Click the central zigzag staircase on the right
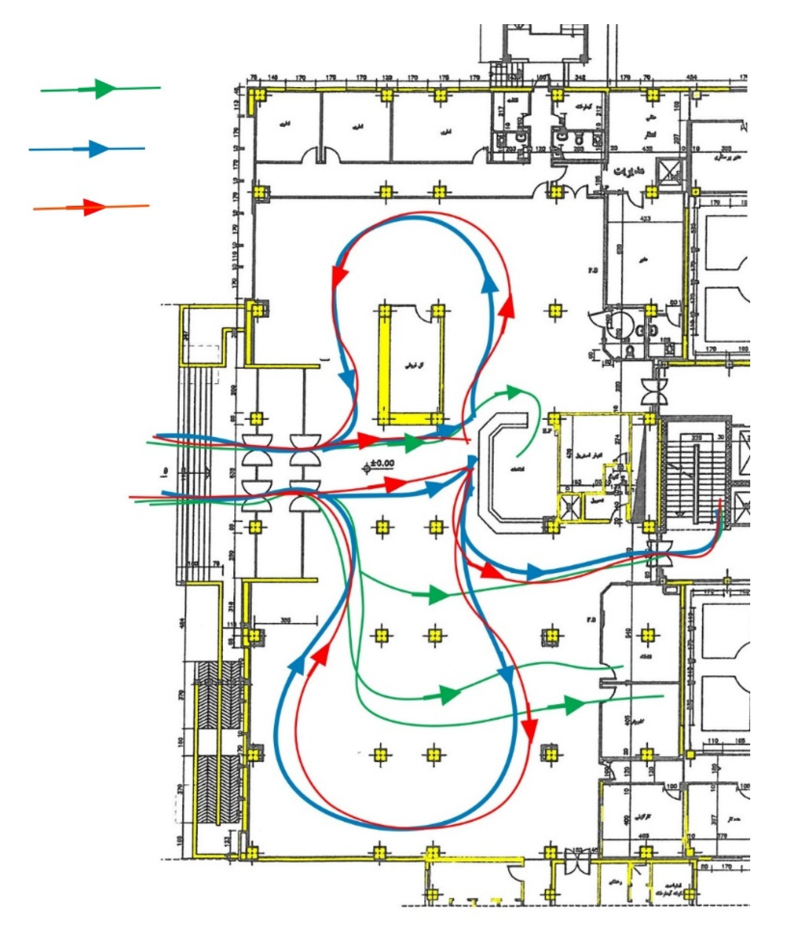(x=696, y=475)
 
